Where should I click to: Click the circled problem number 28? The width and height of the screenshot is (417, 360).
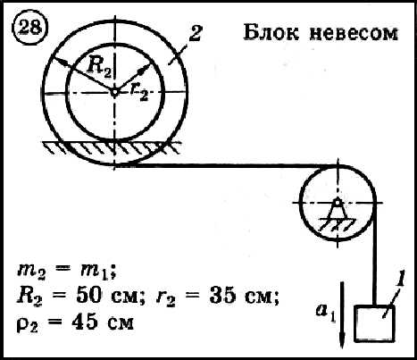[x=29, y=28]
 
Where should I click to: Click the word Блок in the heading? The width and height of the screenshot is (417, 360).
[x=271, y=32]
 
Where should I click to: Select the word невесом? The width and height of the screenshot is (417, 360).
[x=353, y=33]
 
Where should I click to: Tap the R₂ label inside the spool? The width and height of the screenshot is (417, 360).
[x=99, y=71]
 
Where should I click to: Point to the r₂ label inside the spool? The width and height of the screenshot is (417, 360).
[x=139, y=92]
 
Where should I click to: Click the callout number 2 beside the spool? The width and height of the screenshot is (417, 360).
[x=196, y=33]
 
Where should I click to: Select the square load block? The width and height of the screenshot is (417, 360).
[x=374, y=323]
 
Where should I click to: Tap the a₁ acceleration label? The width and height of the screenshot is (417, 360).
[x=326, y=313]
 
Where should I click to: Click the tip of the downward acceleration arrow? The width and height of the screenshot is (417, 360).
[x=342, y=347]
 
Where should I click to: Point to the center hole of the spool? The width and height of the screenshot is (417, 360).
[x=114, y=92]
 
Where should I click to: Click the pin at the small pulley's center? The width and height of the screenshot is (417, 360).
[x=338, y=203]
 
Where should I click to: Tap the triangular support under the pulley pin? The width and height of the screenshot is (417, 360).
[x=338, y=212]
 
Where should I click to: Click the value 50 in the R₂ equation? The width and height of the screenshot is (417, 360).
[x=88, y=296]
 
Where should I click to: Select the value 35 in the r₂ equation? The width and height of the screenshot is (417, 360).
[x=221, y=296]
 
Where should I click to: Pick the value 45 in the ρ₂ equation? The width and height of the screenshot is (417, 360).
[x=85, y=322]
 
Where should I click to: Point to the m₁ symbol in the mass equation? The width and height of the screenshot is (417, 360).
[x=96, y=272]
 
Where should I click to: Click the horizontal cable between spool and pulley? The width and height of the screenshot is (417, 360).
[x=226, y=165]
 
